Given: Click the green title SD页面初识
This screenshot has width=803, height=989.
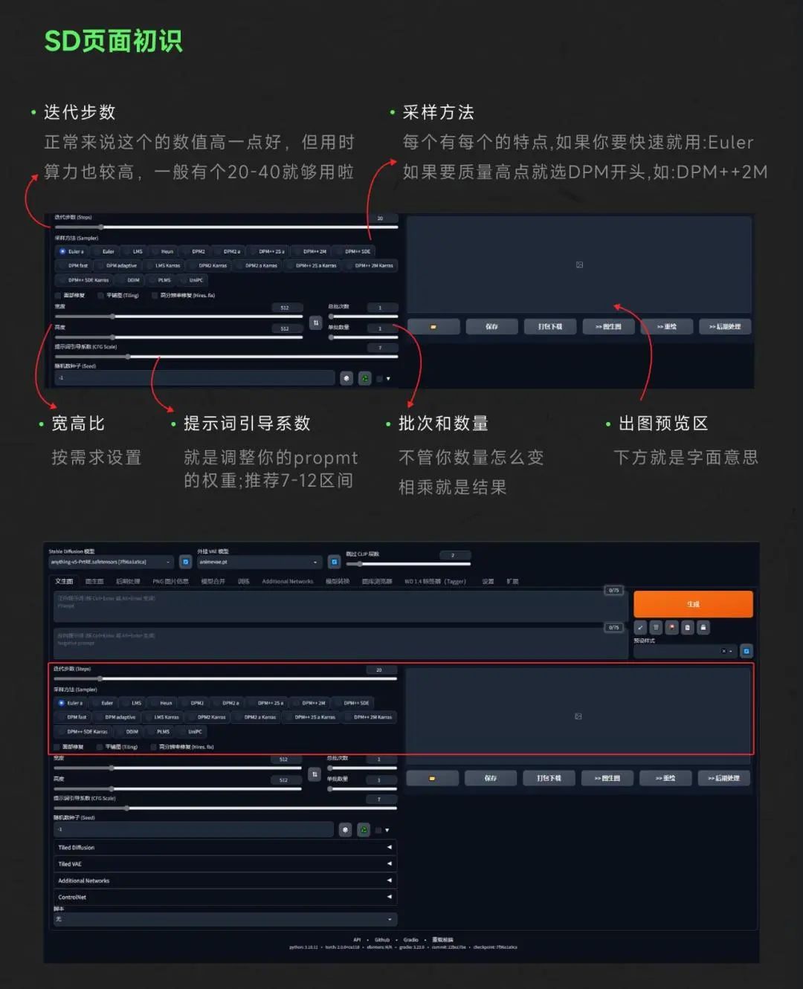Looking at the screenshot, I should tap(113, 42).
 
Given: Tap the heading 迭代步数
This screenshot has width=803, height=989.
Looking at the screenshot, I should tap(80, 112).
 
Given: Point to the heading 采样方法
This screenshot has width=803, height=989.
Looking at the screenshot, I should tap(438, 112).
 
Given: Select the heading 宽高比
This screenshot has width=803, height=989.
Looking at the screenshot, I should tap(77, 424).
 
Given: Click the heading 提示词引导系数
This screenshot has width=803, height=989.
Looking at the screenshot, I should tap(247, 424).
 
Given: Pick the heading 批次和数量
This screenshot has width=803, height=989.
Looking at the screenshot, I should tap(443, 424).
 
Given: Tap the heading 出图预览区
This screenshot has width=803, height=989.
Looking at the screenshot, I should tap(663, 424).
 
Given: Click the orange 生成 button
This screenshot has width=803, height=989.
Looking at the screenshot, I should tap(693, 604).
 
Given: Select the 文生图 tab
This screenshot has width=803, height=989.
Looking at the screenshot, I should tap(65, 581).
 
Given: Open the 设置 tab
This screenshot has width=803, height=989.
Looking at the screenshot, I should tap(488, 581).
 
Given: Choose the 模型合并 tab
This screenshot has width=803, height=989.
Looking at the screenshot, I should tap(213, 581).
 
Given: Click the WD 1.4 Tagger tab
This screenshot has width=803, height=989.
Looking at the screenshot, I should tap(435, 581).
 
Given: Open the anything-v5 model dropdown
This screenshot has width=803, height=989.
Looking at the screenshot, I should tap(111, 562).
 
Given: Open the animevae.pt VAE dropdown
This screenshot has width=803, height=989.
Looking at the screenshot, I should tap(259, 562).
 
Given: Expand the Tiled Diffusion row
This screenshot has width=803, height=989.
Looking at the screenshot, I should tap(223, 847).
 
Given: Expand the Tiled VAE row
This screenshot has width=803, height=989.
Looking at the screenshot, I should tap(223, 864).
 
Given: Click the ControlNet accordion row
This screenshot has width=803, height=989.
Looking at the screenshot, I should tap(223, 897).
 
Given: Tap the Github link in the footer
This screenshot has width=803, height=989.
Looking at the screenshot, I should tap(382, 940).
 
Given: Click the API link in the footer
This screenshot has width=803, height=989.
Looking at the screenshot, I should tap(357, 940).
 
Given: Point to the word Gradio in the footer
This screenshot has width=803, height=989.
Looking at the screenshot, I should tap(410, 940).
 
